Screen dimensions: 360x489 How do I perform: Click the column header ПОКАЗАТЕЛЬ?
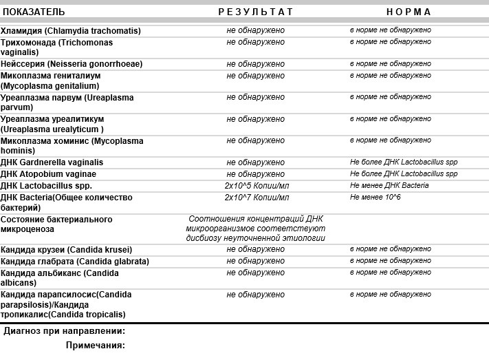(x=34, y=12)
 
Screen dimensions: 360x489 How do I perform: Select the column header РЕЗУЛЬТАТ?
(x=255, y=12)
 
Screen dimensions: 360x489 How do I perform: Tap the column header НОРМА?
(x=409, y=12)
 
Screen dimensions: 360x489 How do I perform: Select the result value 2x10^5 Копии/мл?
(x=257, y=186)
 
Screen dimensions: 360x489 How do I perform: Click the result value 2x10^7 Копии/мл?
(x=257, y=198)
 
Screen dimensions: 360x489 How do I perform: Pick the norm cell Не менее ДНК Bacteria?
(x=389, y=186)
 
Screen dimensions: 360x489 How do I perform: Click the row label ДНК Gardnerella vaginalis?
(x=52, y=162)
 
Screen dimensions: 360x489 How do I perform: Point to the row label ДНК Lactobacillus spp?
(x=46, y=186)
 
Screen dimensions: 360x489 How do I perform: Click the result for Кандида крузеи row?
(x=255, y=249)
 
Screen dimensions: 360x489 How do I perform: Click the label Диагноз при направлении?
(x=65, y=331)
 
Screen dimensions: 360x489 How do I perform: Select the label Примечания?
(x=96, y=346)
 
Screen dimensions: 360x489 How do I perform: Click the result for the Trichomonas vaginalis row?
(x=255, y=42)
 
